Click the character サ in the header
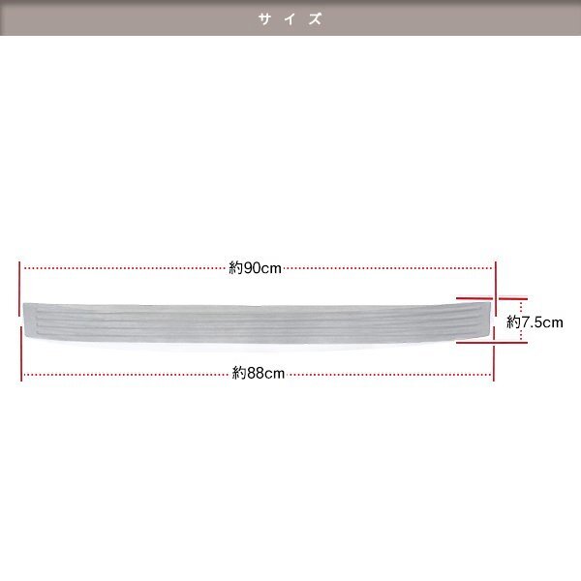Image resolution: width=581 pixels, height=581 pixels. [263, 18]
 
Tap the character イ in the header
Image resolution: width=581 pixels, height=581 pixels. [290, 18]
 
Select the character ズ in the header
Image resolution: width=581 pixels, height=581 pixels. [316, 18]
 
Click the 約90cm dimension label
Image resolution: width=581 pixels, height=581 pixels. [255, 268]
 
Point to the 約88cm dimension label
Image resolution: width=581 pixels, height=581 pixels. [259, 373]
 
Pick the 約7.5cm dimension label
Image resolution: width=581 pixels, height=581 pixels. [535, 322]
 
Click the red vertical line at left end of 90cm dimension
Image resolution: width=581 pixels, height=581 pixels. [19, 289]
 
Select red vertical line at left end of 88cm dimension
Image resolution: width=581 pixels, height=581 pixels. [21, 353]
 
